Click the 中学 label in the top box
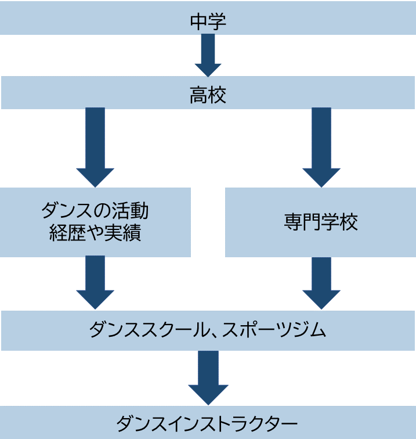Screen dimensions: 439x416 click(208, 21)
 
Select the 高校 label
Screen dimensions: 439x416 click(208, 95)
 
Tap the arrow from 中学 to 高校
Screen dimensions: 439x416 click(208, 55)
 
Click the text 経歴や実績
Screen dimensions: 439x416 click(95, 233)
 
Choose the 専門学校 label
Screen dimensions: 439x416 click(321, 222)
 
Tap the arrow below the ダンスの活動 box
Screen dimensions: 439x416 click(95, 282)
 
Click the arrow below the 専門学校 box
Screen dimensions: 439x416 click(321, 282)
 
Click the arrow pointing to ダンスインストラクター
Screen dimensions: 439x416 click(208, 377)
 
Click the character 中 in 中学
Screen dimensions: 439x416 click(198, 21)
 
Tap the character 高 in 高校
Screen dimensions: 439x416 click(198, 95)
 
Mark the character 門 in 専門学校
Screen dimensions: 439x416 click(312, 222)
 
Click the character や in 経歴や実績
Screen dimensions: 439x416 click(95, 233)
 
